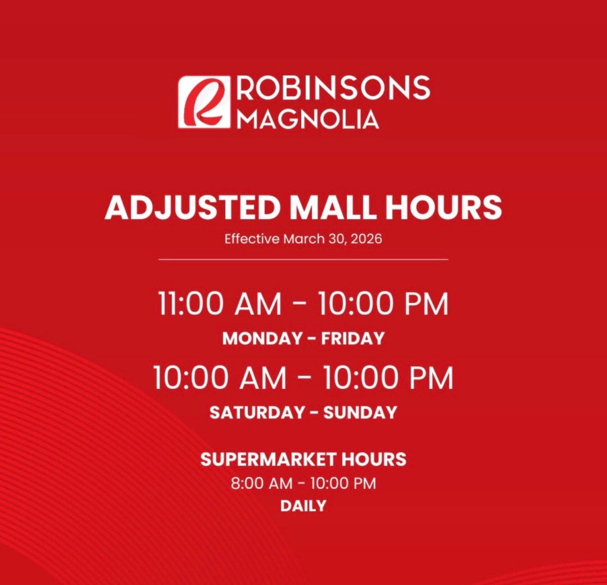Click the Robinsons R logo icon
point(204,102)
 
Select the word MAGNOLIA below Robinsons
point(307,119)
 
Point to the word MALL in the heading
point(333,207)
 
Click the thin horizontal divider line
point(303,260)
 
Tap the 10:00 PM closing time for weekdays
point(384,304)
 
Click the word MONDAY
point(263,338)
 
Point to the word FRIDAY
point(353,338)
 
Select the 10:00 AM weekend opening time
point(220,378)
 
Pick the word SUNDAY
point(360,413)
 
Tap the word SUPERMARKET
point(268,459)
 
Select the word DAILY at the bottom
point(303,506)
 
